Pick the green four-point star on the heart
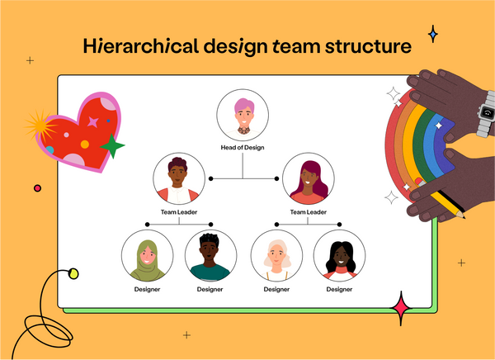(x=112, y=148)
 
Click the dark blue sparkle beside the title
(x=432, y=34)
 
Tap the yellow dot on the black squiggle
(x=73, y=273)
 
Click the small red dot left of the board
(x=37, y=188)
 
